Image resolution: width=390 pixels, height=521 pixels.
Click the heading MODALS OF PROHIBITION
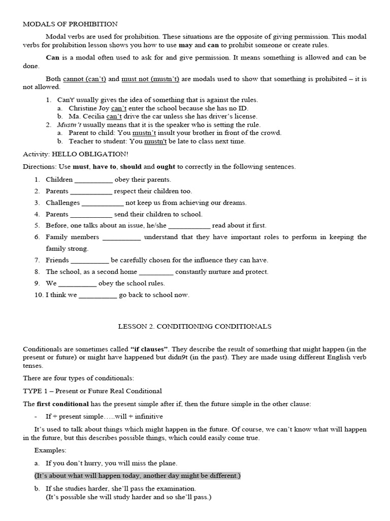click(71, 24)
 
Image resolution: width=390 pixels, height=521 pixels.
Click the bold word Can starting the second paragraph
click(53, 57)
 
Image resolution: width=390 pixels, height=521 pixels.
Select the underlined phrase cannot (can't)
click(84, 79)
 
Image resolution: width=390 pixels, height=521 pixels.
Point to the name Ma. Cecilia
click(87, 117)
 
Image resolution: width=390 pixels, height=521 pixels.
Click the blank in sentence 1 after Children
click(94, 180)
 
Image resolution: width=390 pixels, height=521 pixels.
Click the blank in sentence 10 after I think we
click(98, 295)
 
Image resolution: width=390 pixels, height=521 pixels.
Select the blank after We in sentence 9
click(78, 283)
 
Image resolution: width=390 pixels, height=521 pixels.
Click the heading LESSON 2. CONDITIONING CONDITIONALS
click(195, 326)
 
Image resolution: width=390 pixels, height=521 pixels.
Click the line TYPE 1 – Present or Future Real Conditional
click(92, 391)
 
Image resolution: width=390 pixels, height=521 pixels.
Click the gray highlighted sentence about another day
click(137, 476)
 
